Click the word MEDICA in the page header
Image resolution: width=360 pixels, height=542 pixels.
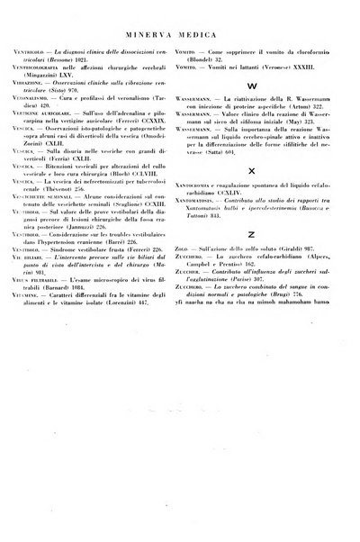coord(208,30)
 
